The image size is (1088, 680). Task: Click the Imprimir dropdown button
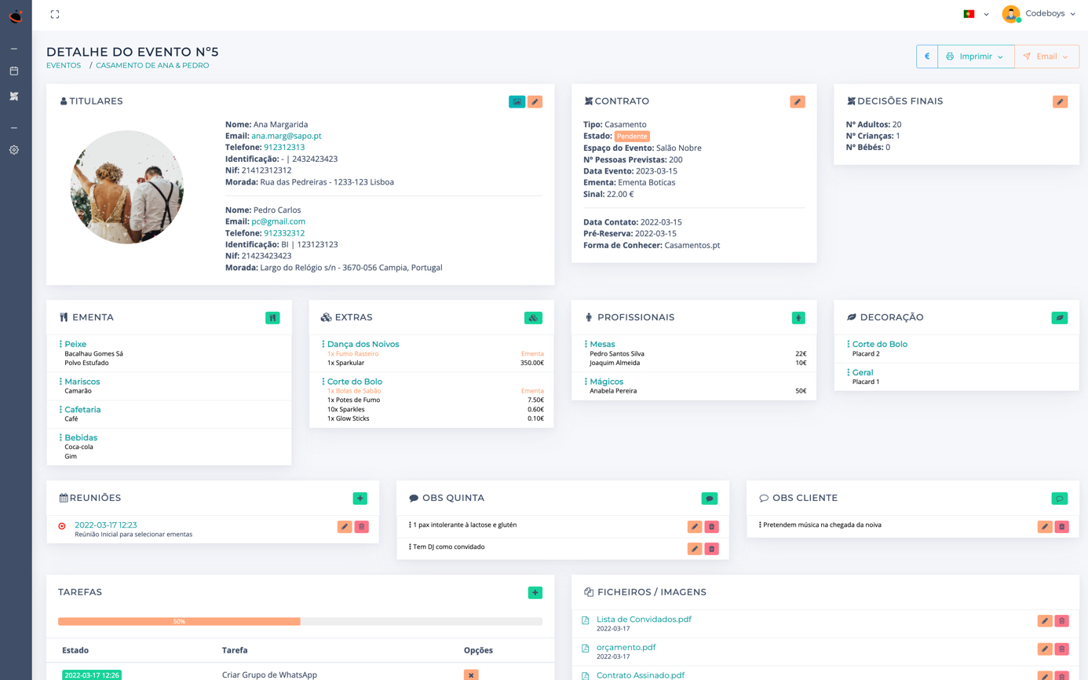[975, 57]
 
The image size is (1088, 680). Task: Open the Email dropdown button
[1046, 57]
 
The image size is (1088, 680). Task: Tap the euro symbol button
[927, 57]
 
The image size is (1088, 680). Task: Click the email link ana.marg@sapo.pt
[286, 136]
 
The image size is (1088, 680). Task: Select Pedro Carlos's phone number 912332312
[284, 233]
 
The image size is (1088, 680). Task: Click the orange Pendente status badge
[632, 137]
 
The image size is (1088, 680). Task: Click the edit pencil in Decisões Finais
[1060, 101]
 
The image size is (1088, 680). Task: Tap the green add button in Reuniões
[360, 499]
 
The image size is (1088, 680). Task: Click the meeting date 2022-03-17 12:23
[106, 525]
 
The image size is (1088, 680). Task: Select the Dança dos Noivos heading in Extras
[363, 344]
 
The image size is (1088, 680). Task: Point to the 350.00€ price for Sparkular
[532, 363]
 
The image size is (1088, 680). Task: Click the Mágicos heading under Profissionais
[606, 382]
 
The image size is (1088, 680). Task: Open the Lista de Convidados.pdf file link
[644, 620]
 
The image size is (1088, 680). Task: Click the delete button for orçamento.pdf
[1062, 649]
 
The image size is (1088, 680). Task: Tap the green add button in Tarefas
[535, 593]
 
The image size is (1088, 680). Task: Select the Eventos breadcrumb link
[64, 66]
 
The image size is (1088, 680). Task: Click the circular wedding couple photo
[127, 187]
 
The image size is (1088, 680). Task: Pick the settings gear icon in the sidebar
[14, 150]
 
